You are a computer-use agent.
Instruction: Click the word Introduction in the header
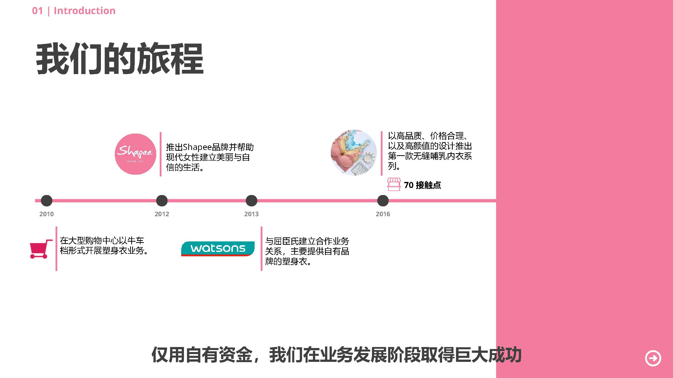[84, 11]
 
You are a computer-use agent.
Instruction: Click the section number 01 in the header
[37, 11]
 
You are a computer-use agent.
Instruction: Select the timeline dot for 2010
[46, 201]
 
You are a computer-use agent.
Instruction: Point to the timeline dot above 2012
[162, 201]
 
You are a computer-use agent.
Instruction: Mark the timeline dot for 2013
[251, 201]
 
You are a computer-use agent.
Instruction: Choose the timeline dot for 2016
[383, 201]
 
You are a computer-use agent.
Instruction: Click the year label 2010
[46, 214]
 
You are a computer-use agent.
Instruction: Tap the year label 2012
[162, 214]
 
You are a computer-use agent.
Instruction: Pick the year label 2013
[251, 214]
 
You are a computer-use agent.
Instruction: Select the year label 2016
[383, 214]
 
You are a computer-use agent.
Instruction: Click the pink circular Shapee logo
[135, 154]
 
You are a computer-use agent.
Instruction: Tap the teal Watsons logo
[218, 249]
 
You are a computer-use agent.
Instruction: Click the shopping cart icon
[41, 249]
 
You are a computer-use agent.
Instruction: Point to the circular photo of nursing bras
[354, 153]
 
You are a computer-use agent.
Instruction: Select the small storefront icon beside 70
[394, 184]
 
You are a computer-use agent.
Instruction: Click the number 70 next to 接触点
[409, 185]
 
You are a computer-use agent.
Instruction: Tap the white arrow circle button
[653, 358]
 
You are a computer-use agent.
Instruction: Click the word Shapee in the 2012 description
[197, 147]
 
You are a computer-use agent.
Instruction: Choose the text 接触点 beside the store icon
[428, 185]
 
